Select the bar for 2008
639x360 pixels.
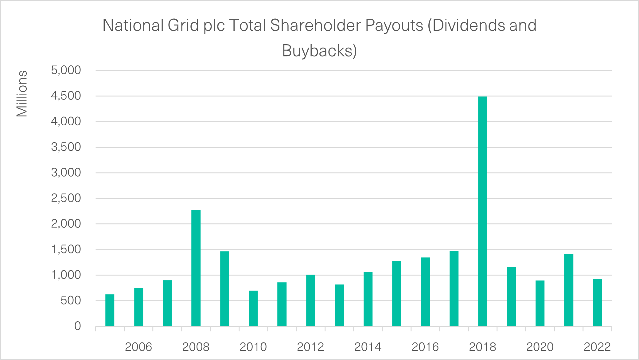click(196, 268)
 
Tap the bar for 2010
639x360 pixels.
click(253, 308)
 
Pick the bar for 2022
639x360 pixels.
click(597, 302)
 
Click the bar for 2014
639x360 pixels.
click(368, 299)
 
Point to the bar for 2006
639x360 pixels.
click(138, 307)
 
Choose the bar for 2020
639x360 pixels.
click(540, 303)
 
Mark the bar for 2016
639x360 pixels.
click(425, 292)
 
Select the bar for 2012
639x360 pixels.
click(310, 300)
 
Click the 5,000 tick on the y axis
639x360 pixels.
click(66, 70)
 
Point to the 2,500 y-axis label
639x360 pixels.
click(66, 198)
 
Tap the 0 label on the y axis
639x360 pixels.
click(77, 326)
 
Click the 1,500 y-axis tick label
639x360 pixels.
click(66, 249)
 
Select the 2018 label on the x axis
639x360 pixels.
click(482, 347)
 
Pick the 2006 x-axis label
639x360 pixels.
click(138, 347)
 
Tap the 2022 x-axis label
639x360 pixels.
click(597, 347)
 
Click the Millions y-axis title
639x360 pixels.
click(22, 94)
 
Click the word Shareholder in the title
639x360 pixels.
click(315, 25)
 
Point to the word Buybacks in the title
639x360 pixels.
click(317, 51)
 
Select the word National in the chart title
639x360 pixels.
click(133, 25)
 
